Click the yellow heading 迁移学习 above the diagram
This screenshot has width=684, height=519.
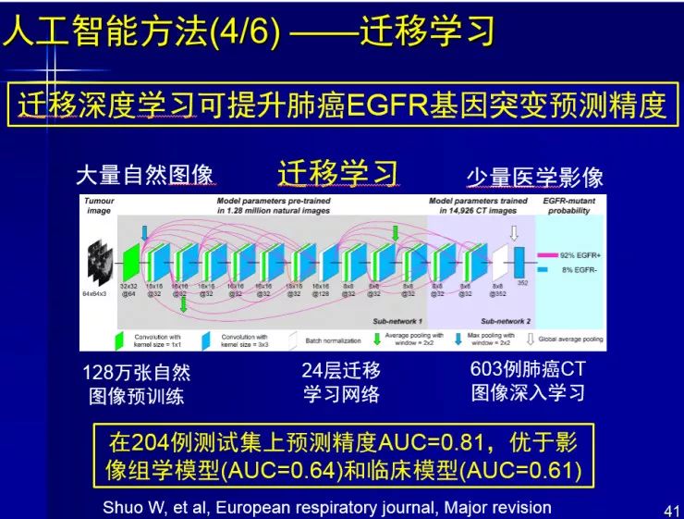coord(338,172)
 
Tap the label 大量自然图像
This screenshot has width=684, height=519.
coord(145,176)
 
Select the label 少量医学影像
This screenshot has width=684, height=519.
coord(534,177)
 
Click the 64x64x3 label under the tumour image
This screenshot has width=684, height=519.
coord(94,293)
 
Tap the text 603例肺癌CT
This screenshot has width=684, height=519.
coord(528,370)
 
